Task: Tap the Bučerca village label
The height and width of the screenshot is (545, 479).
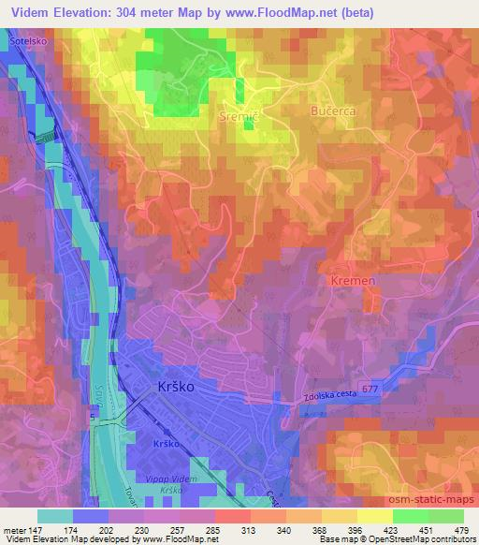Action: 334,110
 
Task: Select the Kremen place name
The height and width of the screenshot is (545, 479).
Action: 352,281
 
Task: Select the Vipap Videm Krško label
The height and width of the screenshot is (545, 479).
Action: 173,479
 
